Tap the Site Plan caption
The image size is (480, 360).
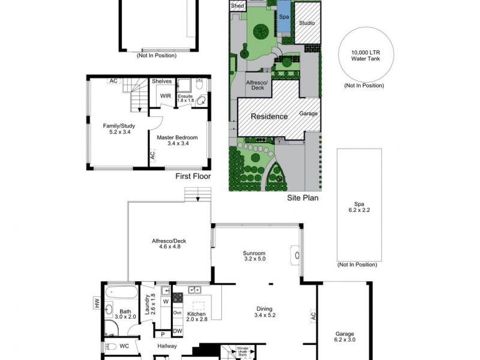click(x=302, y=197)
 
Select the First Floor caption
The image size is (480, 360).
click(x=192, y=176)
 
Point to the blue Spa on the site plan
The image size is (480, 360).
click(x=283, y=17)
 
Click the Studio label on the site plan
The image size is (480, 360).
click(x=307, y=23)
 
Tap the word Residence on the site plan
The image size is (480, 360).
click(x=269, y=116)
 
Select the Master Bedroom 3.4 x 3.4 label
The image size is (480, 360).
click(x=178, y=140)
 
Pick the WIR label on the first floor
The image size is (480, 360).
click(x=165, y=96)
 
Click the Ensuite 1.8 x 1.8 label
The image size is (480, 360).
click(x=186, y=98)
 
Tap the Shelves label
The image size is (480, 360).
click(x=161, y=81)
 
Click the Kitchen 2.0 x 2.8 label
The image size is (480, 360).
click(x=197, y=317)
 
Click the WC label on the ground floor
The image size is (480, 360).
click(x=124, y=346)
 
